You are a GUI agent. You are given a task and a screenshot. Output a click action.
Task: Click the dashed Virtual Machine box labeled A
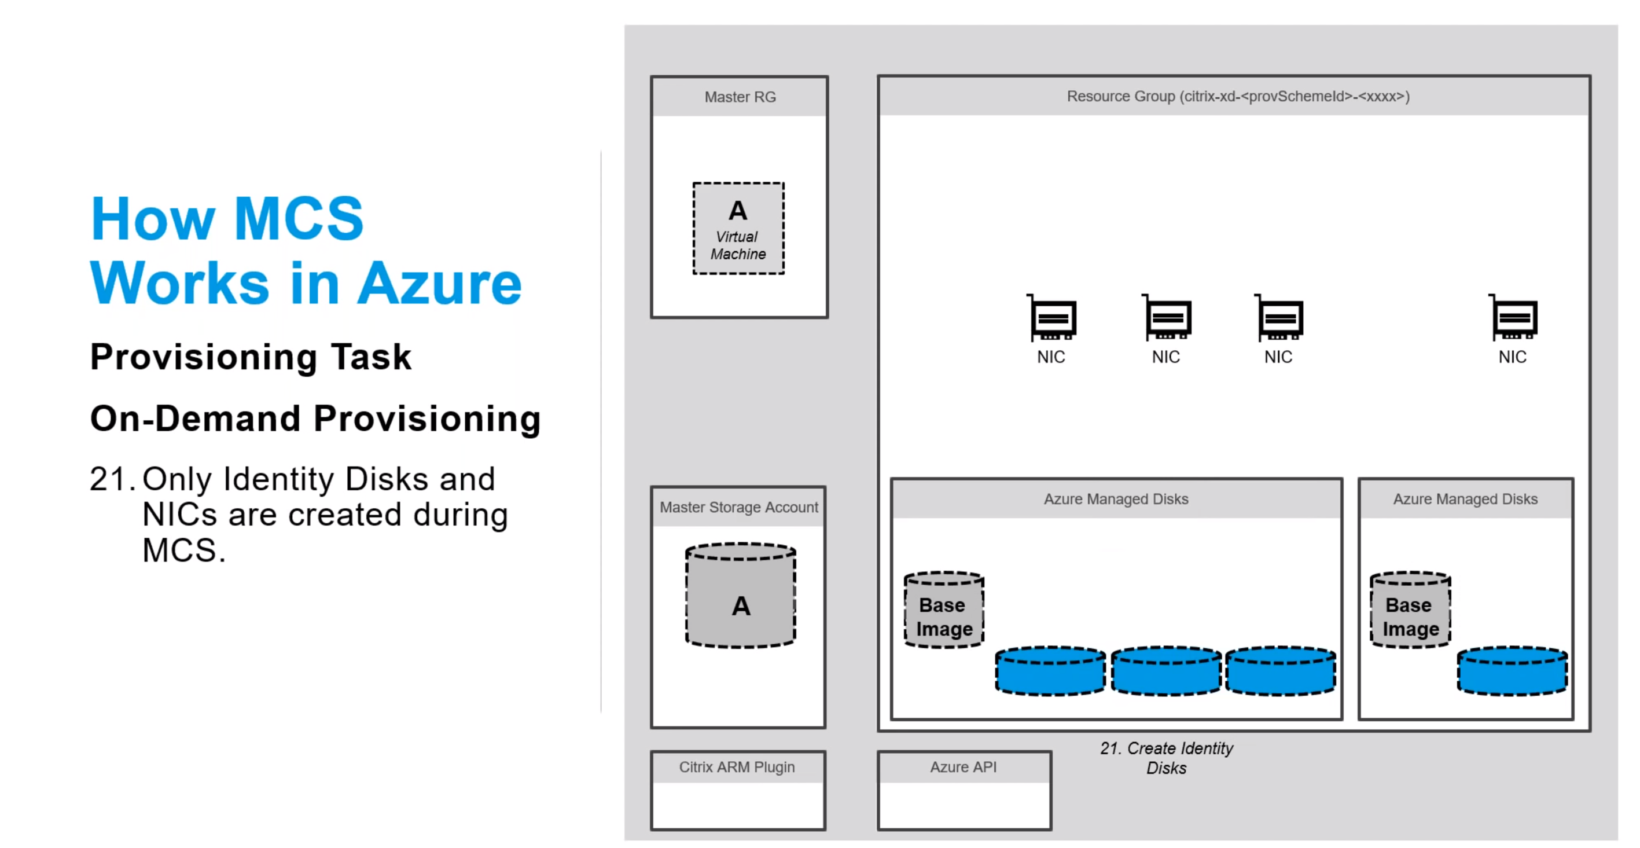pos(738,229)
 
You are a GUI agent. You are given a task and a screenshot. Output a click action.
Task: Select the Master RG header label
pos(740,97)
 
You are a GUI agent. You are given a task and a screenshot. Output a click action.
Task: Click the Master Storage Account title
pos(738,508)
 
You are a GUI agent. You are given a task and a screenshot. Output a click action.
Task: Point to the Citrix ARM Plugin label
pos(737,767)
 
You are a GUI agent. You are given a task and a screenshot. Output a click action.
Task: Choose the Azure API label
pos(964,767)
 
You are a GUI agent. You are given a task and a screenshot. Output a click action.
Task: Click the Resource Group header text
pos(1238,96)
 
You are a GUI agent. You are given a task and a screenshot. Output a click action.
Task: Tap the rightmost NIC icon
pos(1513,318)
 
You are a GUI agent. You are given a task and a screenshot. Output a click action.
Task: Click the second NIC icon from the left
pos(1167,318)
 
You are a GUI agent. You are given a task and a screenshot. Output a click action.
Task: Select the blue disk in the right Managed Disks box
pos(1513,671)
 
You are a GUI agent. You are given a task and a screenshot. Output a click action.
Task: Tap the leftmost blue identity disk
pos(1050,671)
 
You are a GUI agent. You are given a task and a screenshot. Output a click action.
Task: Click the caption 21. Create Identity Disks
pos(1166,758)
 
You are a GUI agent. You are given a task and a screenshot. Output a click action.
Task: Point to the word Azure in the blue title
pos(439,284)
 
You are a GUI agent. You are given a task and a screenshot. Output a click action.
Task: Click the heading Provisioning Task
pos(251,357)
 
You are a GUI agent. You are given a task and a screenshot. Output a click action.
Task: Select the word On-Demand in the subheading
pos(195,419)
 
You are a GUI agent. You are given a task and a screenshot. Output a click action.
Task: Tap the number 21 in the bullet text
pos(108,479)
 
